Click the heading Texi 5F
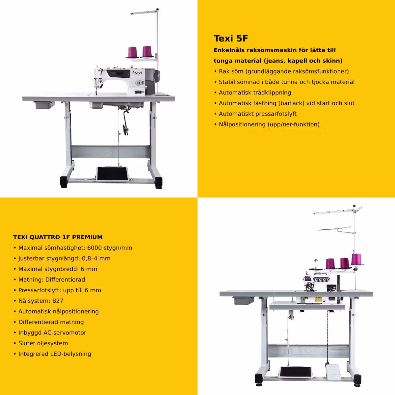(x=231, y=38)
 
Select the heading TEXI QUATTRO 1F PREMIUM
(x=58, y=237)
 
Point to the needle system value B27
(x=58, y=301)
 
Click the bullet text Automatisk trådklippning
(x=255, y=92)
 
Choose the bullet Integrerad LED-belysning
(x=55, y=354)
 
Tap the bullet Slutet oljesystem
(x=43, y=343)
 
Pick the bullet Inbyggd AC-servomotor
(x=52, y=332)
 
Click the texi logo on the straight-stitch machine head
(x=138, y=73)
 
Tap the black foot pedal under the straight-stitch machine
(x=112, y=174)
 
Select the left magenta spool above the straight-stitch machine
(x=132, y=52)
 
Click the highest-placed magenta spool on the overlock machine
(x=356, y=259)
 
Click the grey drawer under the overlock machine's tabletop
(x=244, y=301)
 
